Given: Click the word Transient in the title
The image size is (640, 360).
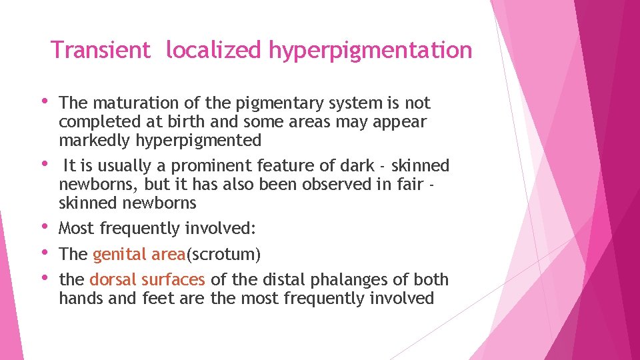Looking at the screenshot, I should pos(101,50).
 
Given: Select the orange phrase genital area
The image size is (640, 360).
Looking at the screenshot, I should pos(134,255).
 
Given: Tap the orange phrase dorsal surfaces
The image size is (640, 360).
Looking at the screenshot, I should pos(147,279).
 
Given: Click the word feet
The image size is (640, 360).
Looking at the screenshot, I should pos(157,298).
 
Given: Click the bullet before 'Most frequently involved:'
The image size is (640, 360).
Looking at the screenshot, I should pos(45,227).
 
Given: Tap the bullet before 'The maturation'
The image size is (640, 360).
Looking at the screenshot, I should pos(45,102).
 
